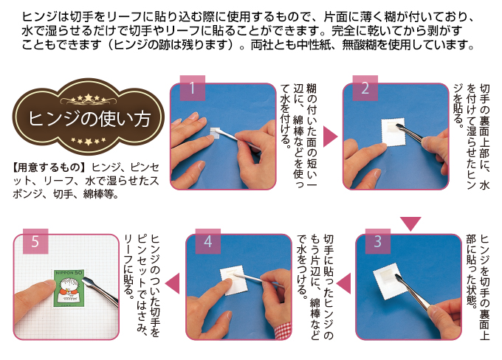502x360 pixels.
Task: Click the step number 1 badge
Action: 193,88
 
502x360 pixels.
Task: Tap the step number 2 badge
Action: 365,88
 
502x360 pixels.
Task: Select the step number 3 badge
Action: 378,241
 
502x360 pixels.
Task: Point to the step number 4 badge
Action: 207,241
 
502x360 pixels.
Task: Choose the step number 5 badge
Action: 35,241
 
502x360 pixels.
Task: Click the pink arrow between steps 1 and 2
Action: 330,136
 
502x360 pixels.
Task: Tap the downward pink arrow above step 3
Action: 410,224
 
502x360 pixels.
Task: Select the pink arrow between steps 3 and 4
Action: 344,283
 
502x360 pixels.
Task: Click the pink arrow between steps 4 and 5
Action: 173,283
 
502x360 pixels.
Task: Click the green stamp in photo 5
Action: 69,288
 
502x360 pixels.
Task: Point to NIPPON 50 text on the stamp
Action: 69,273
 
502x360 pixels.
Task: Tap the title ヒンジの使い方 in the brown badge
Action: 89,119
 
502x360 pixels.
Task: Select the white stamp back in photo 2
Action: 393,132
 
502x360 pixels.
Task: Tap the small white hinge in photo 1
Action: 214,133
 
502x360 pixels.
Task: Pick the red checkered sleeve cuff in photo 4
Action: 283,331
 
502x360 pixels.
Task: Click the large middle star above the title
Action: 88,97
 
